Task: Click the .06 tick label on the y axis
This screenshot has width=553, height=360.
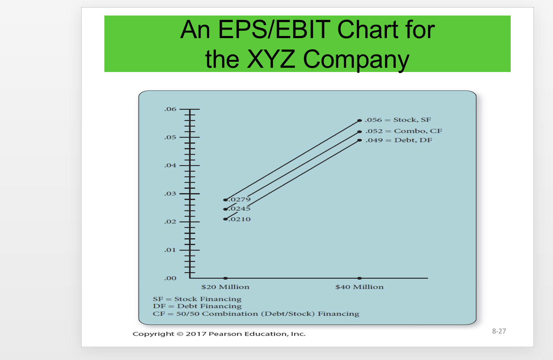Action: point(170,109)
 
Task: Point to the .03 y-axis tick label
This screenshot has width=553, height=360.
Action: point(170,193)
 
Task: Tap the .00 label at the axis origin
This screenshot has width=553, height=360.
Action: point(170,278)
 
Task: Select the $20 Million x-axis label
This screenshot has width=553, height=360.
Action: point(225,287)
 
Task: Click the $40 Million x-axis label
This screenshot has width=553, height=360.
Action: point(359,287)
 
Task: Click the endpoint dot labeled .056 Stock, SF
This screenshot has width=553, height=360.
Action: point(359,121)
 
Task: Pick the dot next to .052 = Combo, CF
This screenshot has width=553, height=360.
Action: point(359,132)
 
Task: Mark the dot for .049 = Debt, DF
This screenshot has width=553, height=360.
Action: point(359,140)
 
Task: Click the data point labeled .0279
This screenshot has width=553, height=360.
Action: point(225,200)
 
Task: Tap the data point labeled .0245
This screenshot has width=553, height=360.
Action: point(225,209)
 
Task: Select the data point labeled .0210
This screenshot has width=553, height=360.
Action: point(225,219)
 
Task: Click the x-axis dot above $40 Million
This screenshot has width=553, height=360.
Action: point(359,278)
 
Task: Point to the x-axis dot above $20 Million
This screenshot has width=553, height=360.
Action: point(225,278)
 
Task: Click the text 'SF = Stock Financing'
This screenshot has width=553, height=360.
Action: point(197,299)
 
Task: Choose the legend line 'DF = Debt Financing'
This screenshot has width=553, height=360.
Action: point(197,306)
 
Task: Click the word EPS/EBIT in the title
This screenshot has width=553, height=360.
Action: point(274,30)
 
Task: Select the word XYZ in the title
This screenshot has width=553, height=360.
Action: point(271,59)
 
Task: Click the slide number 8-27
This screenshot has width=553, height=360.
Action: point(499,331)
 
